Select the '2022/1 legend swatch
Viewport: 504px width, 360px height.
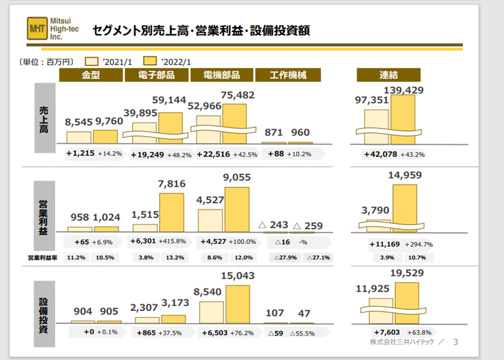[149, 61]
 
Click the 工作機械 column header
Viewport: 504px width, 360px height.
[288, 75]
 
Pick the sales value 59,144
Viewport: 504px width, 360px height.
[170, 100]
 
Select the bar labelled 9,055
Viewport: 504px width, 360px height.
[237, 209]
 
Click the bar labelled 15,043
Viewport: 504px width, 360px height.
[237, 304]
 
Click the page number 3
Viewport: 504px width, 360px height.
[456, 342]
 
